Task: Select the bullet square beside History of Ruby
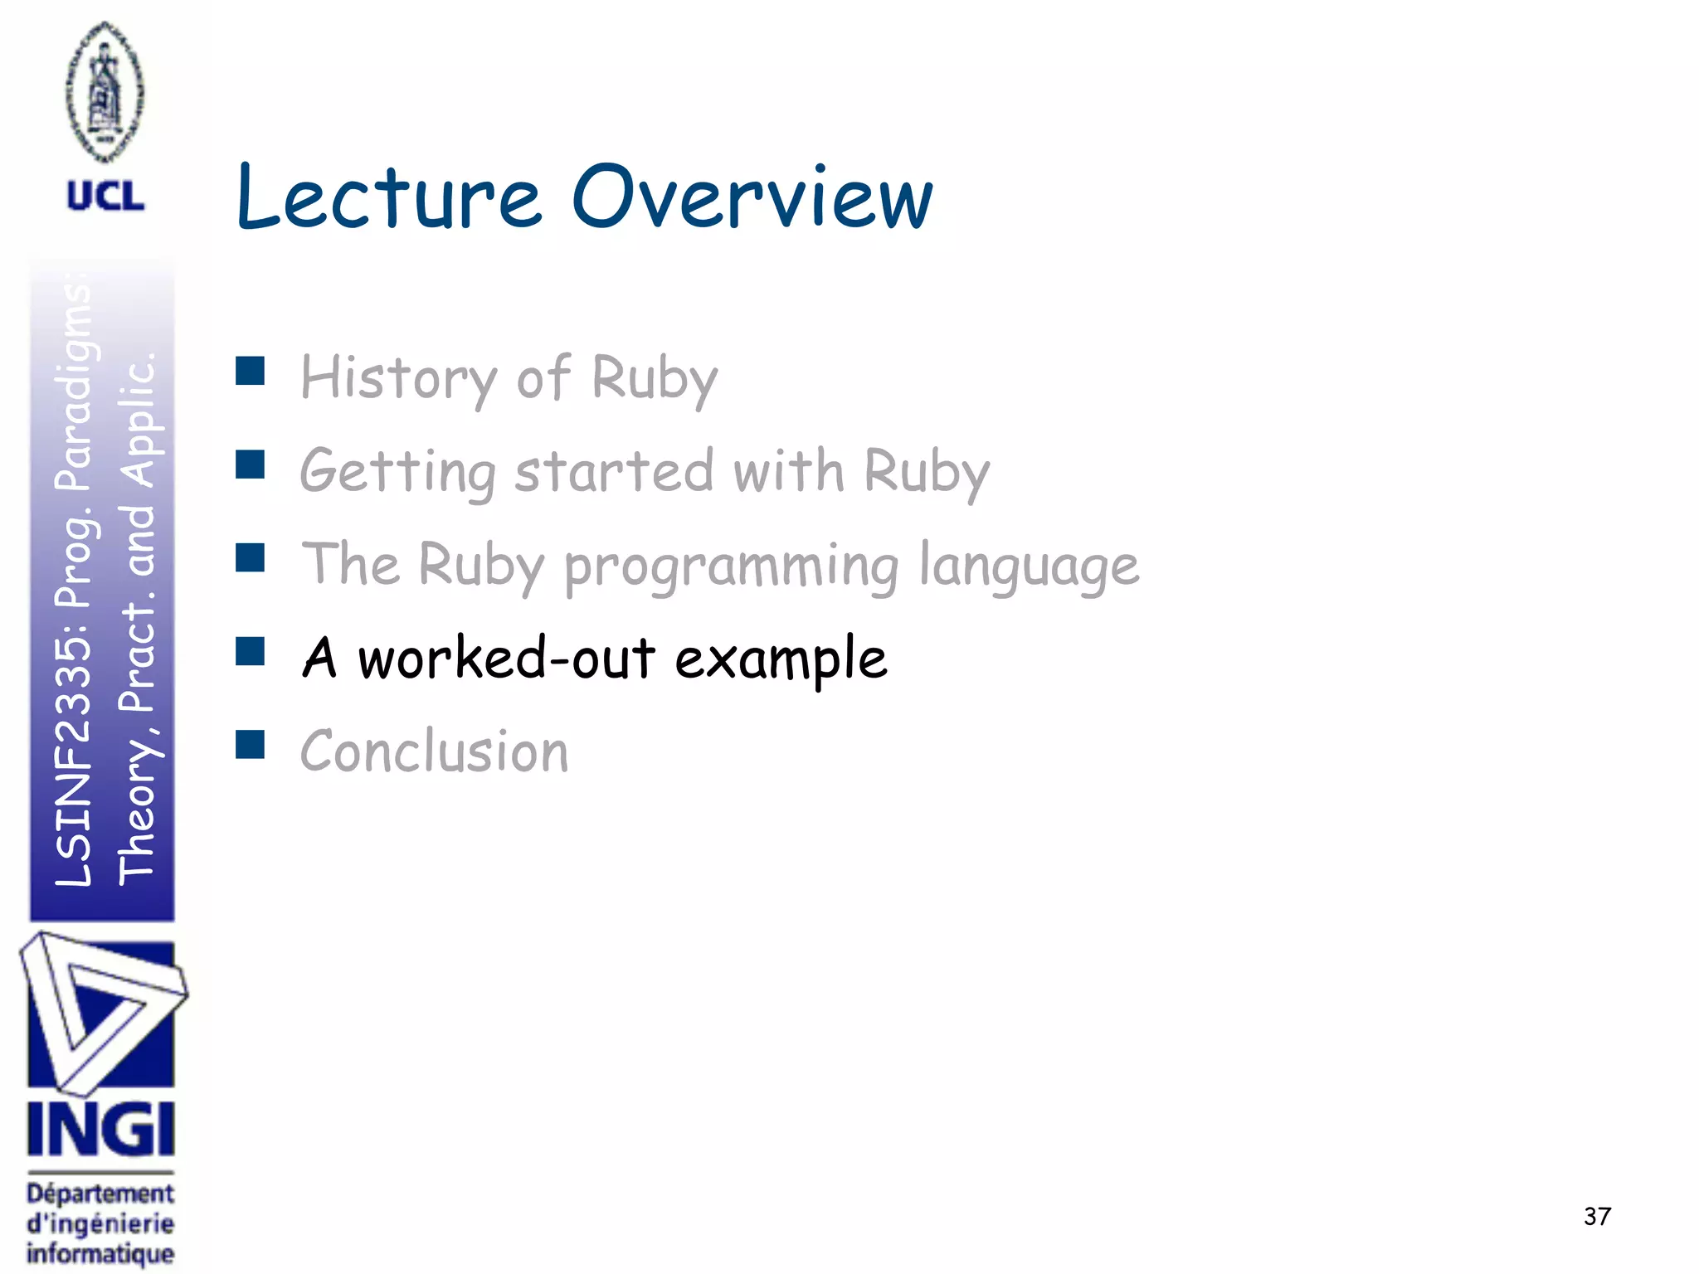pos(250,371)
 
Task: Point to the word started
pos(614,471)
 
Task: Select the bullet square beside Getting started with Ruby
pos(250,464)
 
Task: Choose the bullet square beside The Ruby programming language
pos(250,557)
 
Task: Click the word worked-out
pos(506,659)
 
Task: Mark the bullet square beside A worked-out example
pos(250,651)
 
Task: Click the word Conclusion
pos(434,751)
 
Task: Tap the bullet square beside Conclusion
pos(250,745)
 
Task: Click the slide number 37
pos(1597,1216)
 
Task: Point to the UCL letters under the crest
pos(105,197)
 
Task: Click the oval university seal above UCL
pos(105,91)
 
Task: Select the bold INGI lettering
pos(101,1129)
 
